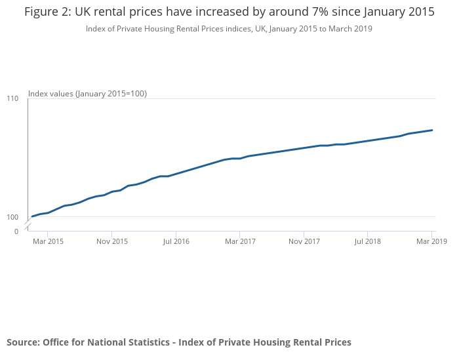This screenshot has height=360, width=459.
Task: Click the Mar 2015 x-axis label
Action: (x=48, y=242)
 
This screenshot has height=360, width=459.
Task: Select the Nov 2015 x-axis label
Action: (x=112, y=242)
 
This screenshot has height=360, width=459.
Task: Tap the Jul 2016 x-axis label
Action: (x=176, y=242)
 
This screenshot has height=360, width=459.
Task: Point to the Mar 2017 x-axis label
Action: (x=240, y=242)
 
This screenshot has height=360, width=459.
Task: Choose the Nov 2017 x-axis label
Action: (x=304, y=242)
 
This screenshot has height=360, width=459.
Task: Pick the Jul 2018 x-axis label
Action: (x=368, y=242)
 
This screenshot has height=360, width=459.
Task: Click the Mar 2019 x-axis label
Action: (x=431, y=242)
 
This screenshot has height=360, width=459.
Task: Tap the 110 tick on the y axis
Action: (x=12, y=98)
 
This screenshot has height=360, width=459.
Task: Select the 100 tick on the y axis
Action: (x=12, y=217)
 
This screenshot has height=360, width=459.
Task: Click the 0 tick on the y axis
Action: (x=16, y=231)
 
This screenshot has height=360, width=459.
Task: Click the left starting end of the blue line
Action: (x=32, y=216)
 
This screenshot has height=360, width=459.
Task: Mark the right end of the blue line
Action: (x=432, y=130)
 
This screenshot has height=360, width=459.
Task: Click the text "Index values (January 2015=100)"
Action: (x=87, y=94)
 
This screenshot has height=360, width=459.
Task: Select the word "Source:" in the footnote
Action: (x=23, y=342)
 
